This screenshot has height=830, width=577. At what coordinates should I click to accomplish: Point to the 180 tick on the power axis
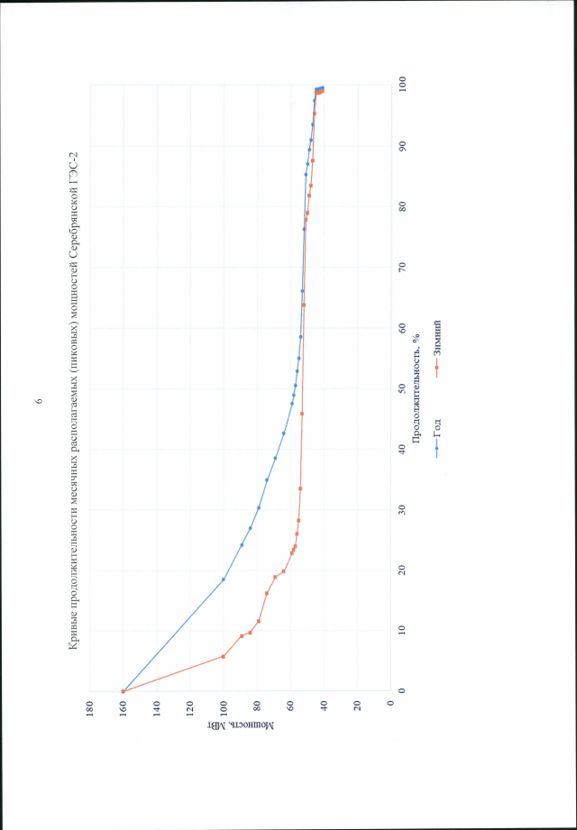click(90, 702)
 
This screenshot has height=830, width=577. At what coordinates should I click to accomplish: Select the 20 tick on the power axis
click(357, 702)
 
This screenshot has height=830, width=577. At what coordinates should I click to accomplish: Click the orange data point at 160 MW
click(124, 690)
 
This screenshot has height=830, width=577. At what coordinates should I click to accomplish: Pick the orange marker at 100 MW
click(223, 656)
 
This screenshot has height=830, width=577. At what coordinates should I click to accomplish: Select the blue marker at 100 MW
click(223, 579)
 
